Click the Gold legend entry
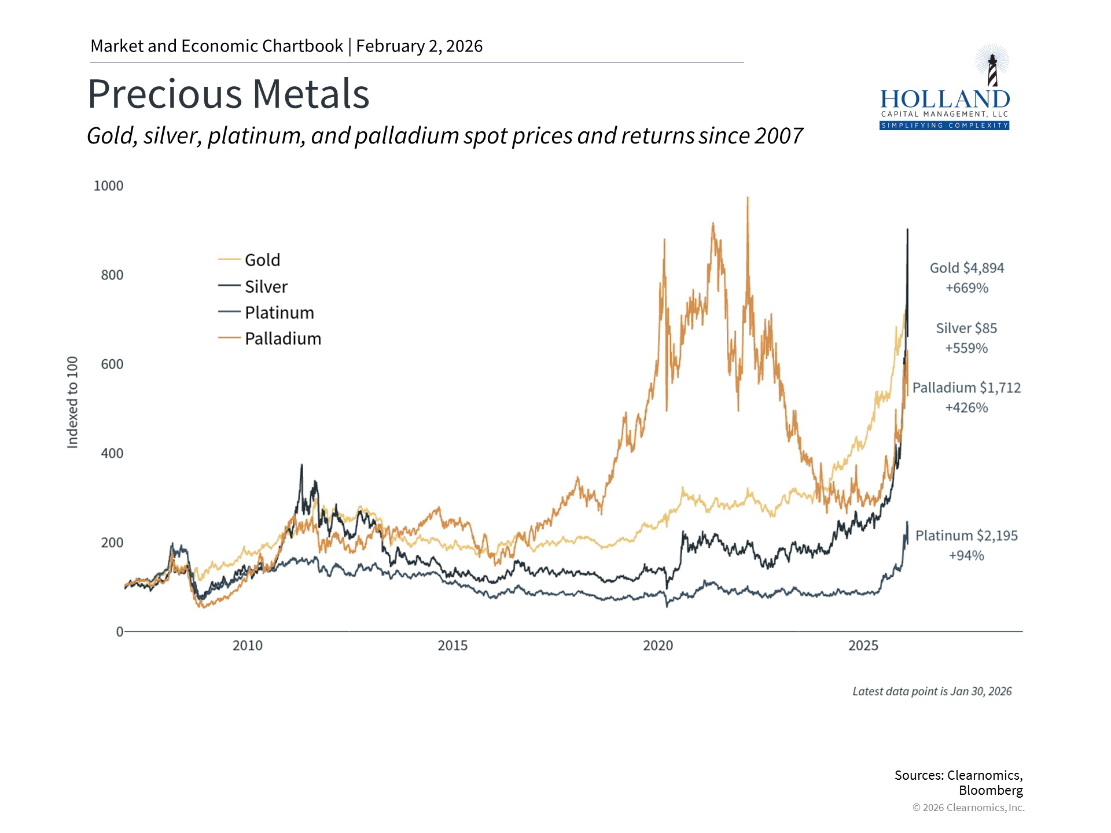pos(262,260)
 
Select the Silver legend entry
pos(266,286)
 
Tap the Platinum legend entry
pos(279,312)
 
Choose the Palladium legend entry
pos(282,338)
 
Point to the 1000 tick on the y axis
pos(108,186)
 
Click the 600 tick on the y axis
pos(112,364)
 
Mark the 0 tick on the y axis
pos(119,632)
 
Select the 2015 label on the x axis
pos(453,646)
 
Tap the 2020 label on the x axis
pos(658,646)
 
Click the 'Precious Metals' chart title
pos(228,94)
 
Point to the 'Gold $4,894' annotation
pos(966,268)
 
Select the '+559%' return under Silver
pos(966,348)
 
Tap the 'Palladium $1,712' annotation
pos(966,388)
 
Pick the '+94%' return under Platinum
pos(966,555)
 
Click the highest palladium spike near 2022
pos(748,198)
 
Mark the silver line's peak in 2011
pos(301,465)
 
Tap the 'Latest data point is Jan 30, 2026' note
pos(932,691)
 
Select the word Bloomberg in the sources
pos(991,790)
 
